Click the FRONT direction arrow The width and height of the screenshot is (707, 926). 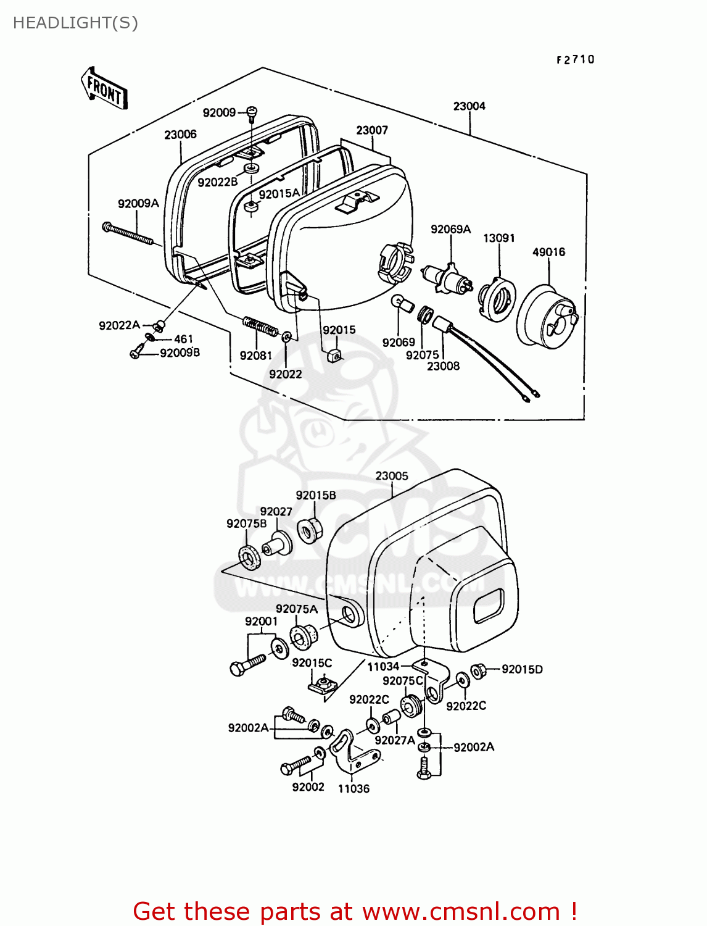(x=104, y=89)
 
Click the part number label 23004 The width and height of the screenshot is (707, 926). (x=469, y=106)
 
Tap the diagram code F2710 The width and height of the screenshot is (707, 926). (x=575, y=60)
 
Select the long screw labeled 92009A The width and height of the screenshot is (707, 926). (x=128, y=235)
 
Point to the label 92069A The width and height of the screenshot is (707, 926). (x=450, y=230)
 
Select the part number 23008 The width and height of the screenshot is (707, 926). (x=443, y=366)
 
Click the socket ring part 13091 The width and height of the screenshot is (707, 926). (x=497, y=298)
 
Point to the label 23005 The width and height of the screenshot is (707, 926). (x=392, y=476)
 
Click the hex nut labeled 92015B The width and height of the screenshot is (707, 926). (x=308, y=530)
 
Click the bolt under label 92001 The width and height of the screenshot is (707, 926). (x=247, y=665)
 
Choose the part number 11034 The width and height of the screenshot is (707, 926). (x=383, y=667)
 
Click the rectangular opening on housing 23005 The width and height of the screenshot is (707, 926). (x=489, y=606)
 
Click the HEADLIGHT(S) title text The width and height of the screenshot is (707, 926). (x=75, y=23)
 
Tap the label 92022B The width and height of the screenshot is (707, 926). (x=217, y=182)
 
